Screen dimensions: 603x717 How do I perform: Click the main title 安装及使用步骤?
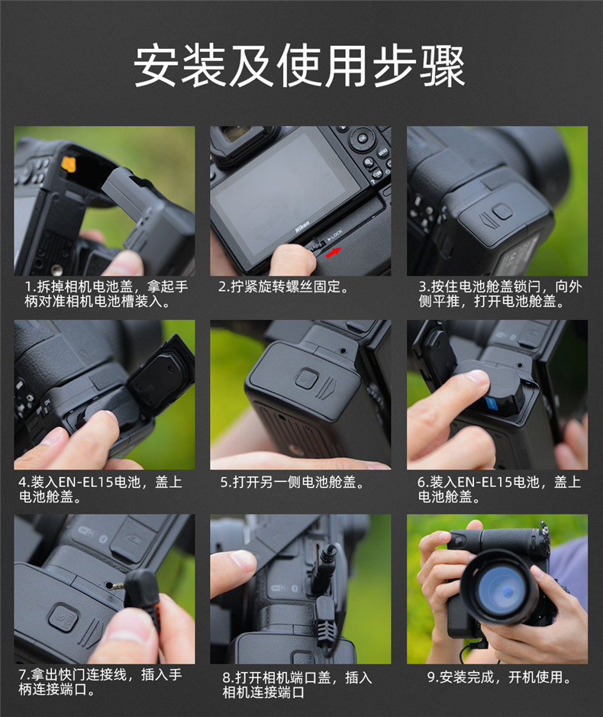299,66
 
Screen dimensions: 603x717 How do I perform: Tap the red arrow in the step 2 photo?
334,252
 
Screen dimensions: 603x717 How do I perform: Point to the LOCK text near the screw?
335,235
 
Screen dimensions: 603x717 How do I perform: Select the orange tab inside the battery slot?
69,164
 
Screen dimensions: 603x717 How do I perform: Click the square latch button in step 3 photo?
501,212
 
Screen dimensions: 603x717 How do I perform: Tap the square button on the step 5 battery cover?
307,379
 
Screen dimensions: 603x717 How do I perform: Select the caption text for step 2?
283,286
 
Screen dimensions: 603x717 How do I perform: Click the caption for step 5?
292,482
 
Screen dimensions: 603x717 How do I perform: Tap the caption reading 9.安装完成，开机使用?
499,677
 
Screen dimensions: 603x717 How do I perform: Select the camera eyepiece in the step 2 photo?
241,137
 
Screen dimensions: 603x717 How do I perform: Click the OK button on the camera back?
362,137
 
